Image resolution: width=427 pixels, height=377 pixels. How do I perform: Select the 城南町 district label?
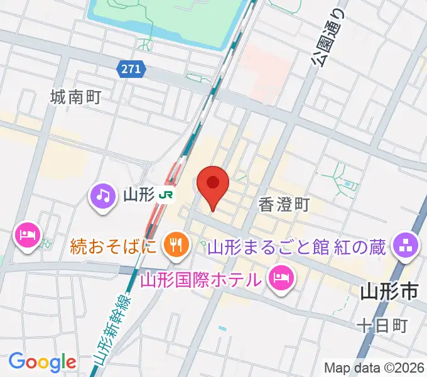[x=76, y=97]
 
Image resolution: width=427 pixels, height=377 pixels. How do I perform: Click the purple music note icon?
[x=103, y=195]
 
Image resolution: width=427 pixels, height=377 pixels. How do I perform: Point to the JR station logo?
[x=166, y=195]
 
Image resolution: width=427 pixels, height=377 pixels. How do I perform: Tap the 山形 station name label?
[x=139, y=195]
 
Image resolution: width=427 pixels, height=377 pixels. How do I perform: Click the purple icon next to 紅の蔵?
[x=405, y=243]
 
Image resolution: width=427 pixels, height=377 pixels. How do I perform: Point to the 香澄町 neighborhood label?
[x=284, y=205]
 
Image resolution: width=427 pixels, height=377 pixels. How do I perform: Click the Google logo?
[x=41, y=361]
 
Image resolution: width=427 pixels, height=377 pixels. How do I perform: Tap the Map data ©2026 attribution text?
[x=374, y=368]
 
